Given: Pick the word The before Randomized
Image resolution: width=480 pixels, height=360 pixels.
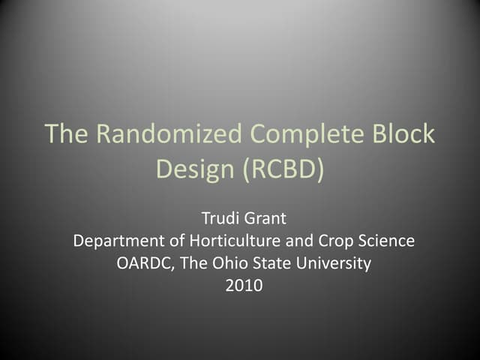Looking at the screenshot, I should coord(67,134).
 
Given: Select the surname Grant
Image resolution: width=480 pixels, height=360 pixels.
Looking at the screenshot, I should coord(265,220).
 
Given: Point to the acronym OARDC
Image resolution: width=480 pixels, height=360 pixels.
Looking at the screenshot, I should coord(143,263).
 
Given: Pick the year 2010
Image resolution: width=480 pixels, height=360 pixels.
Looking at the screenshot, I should coord(244,285).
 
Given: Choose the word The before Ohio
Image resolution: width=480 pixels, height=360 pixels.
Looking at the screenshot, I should coord(190,263).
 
